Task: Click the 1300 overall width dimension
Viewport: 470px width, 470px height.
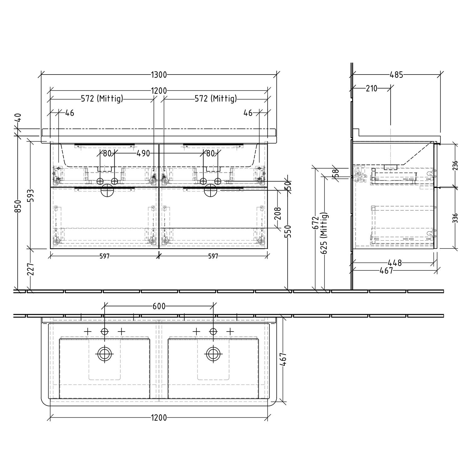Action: click(159, 75)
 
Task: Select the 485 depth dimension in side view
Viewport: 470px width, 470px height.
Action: click(396, 75)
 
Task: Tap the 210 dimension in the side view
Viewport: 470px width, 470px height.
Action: click(371, 88)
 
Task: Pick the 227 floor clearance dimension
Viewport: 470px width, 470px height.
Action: click(31, 269)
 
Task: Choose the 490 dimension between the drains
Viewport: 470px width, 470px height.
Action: click(143, 154)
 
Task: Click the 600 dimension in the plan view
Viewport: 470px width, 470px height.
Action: click(159, 306)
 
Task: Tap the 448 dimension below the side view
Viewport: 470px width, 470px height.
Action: click(394, 263)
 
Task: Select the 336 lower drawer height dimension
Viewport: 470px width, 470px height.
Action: click(455, 218)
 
